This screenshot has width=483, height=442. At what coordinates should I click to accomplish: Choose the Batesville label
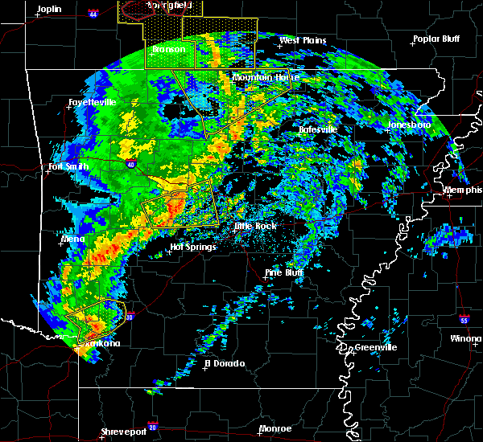click(317, 129)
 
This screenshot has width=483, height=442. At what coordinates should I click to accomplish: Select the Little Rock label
click(255, 226)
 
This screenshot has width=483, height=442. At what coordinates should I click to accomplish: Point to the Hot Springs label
click(193, 247)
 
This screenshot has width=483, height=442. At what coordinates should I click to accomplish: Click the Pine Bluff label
click(285, 272)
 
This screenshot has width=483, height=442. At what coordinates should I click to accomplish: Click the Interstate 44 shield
click(93, 14)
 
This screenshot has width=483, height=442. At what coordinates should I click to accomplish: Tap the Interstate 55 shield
click(464, 320)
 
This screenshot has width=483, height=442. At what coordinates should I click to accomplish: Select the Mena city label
click(72, 239)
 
